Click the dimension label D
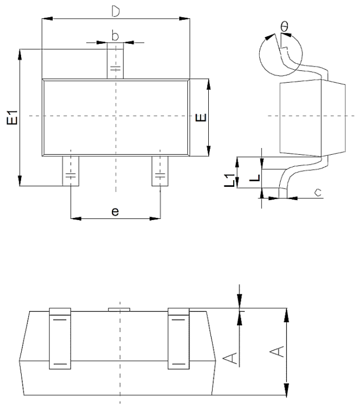click(115, 11)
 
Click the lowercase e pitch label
click(115, 212)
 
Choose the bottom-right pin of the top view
click(160, 171)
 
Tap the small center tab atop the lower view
click(120, 308)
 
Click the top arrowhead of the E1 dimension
click(20, 53)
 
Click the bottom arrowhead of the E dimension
click(209, 151)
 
